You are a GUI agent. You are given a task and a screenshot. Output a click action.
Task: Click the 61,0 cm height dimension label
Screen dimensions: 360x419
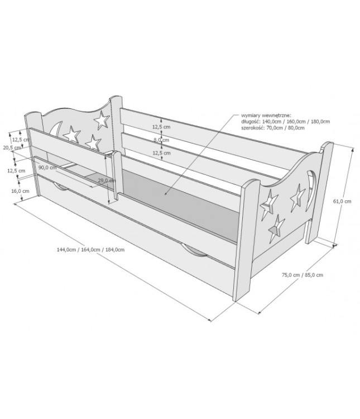342,201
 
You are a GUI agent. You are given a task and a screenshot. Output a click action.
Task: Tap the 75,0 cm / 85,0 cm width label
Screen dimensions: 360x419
303,275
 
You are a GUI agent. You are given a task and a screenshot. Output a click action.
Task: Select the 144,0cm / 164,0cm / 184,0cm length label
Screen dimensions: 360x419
90,250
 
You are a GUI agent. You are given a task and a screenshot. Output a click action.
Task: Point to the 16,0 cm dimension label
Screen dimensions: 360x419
20,191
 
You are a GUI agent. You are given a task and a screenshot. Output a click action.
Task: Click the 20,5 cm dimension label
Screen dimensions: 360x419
12,147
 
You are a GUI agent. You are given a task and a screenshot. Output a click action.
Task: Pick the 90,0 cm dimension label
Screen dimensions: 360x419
47,168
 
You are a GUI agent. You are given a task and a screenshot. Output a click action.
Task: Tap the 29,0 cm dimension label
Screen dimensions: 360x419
107,180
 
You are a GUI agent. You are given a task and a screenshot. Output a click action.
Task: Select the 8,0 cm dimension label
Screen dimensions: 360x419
161,140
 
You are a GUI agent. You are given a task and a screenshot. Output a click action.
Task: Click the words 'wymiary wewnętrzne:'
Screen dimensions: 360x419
266,116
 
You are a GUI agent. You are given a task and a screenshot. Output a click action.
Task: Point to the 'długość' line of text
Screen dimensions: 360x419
285,121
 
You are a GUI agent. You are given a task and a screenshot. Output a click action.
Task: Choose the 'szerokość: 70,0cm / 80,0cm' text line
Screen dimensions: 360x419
273,127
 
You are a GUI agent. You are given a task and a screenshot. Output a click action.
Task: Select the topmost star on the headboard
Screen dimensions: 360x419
102,120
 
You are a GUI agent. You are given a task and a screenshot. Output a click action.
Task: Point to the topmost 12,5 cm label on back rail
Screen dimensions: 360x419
161,127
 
